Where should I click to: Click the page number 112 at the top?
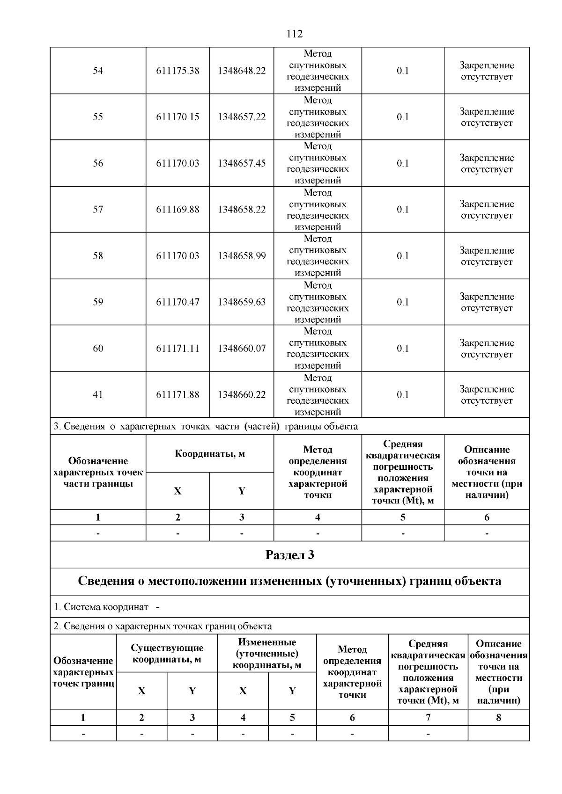coord(295,34)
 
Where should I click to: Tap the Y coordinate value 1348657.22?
coord(241,117)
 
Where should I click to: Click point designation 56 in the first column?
coord(98,163)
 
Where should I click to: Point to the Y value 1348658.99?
coord(241,256)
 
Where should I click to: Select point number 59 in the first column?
coord(98,302)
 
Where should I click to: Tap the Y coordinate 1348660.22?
coord(241,395)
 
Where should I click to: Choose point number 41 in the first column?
coord(98,395)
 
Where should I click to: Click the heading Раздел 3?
coord(289,555)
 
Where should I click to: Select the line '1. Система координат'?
coord(106,607)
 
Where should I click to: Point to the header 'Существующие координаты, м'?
coord(167,654)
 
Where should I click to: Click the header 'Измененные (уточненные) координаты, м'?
coord(267,654)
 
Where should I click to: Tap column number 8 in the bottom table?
coord(498,717)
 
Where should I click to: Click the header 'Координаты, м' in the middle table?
coord(209,454)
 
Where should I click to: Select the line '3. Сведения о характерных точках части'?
coord(206,426)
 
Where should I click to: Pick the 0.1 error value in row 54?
coord(403,71)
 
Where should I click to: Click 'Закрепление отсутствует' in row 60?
coord(487,349)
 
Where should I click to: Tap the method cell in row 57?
coord(318,210)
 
